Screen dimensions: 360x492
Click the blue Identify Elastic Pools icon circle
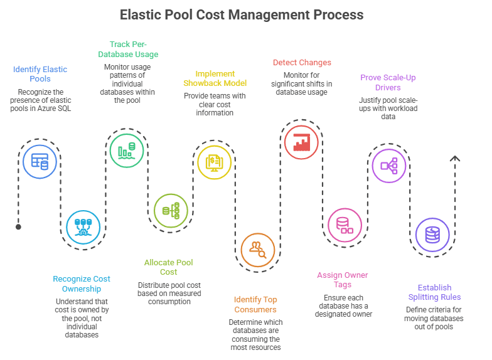click(40, 162)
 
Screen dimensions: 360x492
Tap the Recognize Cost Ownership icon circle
click(83, 226)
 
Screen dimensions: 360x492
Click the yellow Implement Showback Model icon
click(215, 162)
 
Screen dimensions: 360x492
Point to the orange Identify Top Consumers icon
click(258, 249)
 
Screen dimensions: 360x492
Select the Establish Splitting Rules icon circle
click(432, 235)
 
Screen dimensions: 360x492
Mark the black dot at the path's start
click(18, 227)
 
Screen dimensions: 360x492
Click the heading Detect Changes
click(302, 63)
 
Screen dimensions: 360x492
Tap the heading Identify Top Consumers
click(255, 304)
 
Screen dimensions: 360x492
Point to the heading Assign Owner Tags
click(343, 280)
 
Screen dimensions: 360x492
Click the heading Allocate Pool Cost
click(169, 267)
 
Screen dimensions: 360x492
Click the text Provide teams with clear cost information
click(215, 104)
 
